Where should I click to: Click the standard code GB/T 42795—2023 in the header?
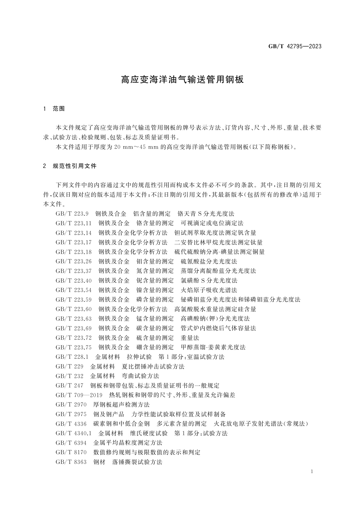coord(295,46)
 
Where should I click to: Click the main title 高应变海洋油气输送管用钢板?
coord(182,79)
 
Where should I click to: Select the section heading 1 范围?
coord(54,109)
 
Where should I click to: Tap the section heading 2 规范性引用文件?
coord(70,166)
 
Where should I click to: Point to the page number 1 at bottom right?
coord(312,472)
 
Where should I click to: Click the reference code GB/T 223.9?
coord(72,214)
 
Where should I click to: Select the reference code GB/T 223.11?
coord(73,223)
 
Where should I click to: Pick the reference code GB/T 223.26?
coord(73,261)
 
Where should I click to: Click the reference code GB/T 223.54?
coord(73,290)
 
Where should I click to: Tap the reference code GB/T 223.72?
coord(73,338)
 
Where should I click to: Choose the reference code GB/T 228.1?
coord(72,357)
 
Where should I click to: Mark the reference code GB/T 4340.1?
coord(73,433)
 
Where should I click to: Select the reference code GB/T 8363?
coord(71,462)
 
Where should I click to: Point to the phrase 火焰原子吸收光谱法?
coord(209,290)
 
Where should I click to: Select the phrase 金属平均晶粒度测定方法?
coord(128,443)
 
